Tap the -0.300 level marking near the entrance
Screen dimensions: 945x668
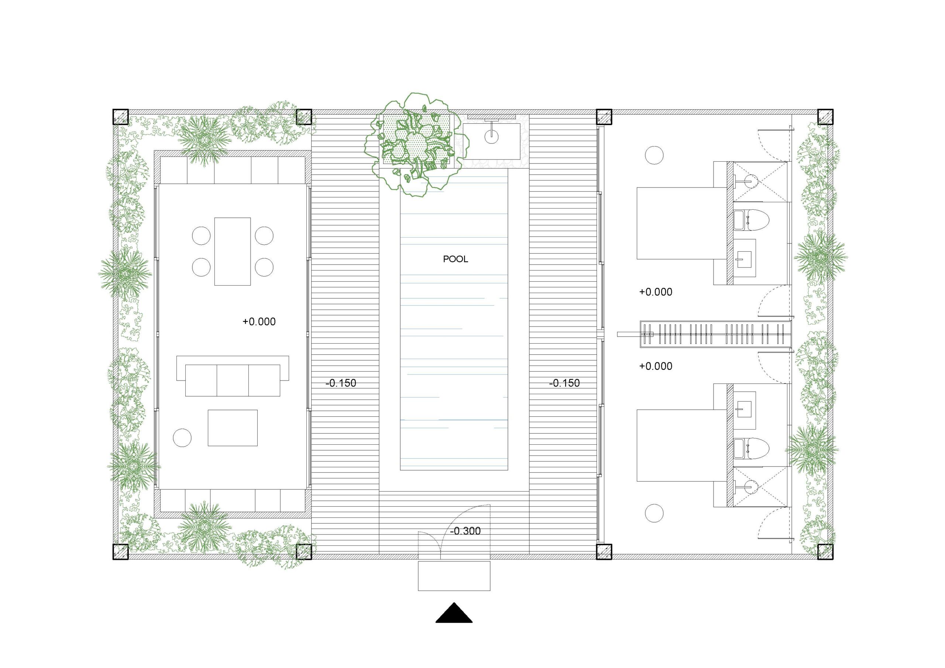[465, 531]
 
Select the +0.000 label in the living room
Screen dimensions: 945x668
[259, 321]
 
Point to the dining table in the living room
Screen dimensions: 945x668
[233, 251]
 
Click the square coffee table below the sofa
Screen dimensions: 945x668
[233, 428]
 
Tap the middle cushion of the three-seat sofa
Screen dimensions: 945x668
[233, 380]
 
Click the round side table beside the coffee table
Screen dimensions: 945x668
[182, 437]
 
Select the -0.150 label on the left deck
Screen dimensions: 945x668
[341, 383]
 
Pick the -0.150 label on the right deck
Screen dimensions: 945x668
[564, 383]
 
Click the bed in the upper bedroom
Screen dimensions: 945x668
[681, 224]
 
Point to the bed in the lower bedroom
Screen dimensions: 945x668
[681, 445]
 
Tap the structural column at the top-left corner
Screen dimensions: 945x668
[121, 117]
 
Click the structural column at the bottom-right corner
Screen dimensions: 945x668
[825, 551]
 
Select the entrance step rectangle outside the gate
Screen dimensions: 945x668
[454, 576]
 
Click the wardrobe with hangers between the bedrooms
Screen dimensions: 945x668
[715, 334]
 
